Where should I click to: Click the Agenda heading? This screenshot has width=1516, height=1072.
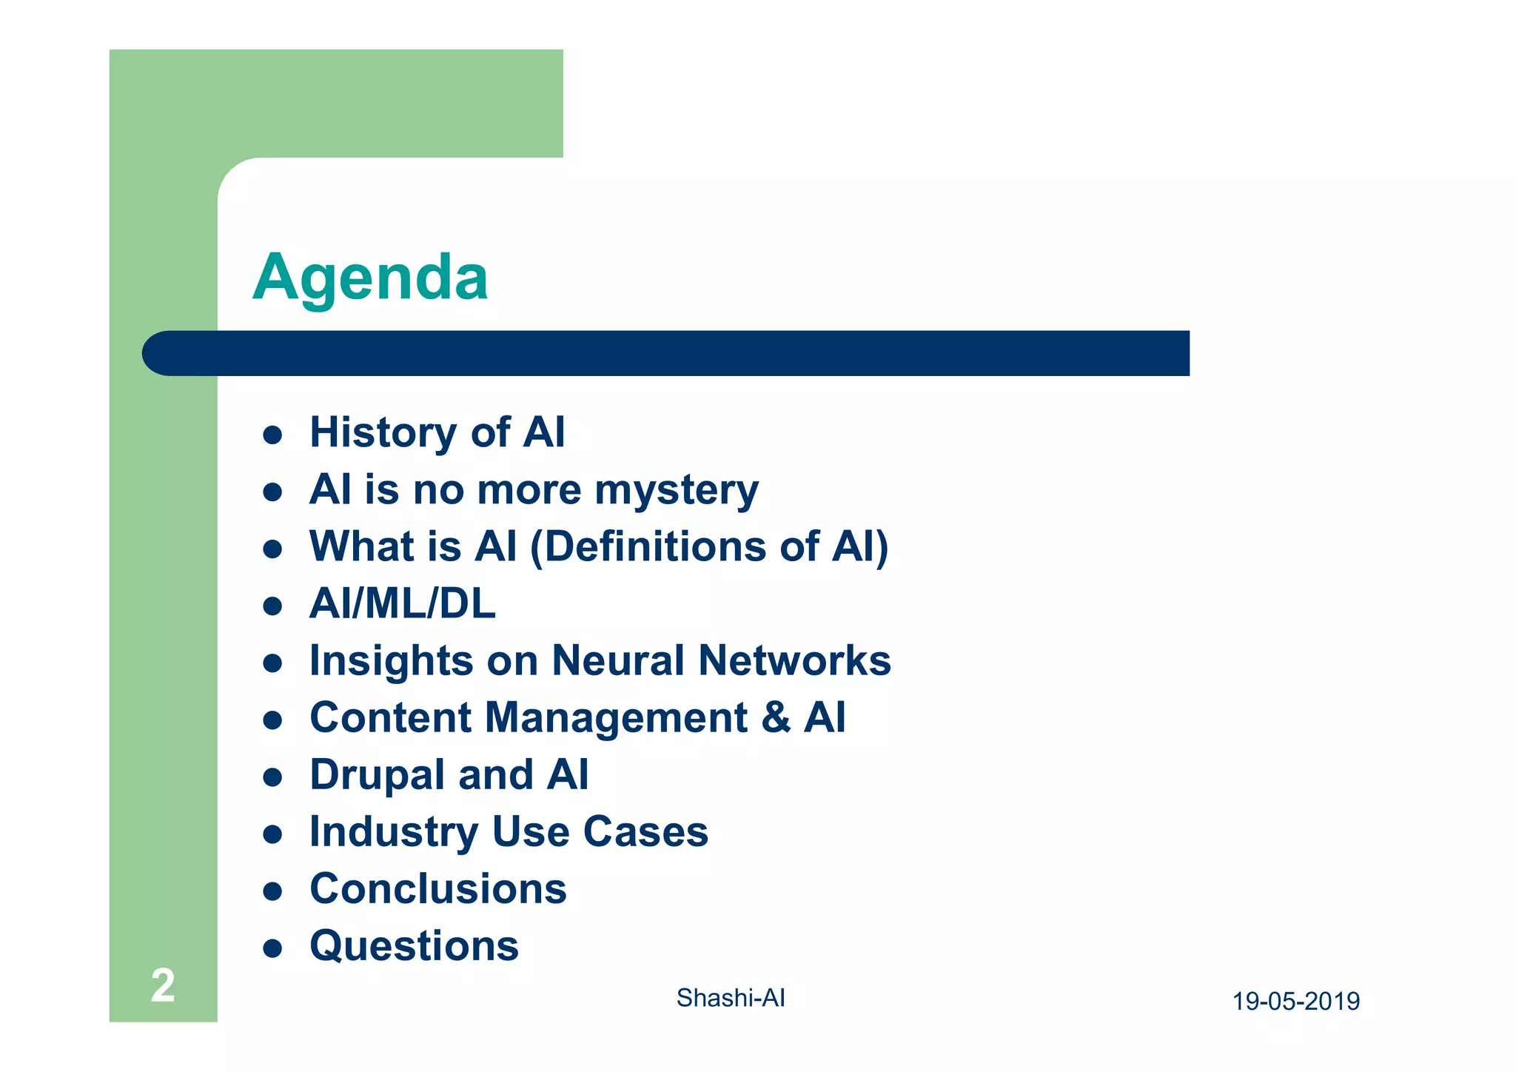[x=370, y=278]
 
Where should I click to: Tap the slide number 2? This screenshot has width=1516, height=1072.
[x=163, y=985]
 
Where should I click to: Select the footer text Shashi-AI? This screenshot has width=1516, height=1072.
[x=730, y=998]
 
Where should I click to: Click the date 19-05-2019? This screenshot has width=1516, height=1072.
[x=1295, y=1001]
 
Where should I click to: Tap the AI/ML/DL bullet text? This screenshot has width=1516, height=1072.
[x=402, y=603]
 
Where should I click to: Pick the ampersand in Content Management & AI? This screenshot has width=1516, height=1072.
[x=776, y=717]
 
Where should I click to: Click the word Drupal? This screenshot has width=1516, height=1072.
[x=377, y=775]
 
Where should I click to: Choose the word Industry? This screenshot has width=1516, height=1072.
[x=394, y=832]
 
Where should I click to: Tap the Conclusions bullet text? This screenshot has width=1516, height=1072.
[x=437, y=888]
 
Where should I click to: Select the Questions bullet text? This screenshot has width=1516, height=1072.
[x=414, y=945]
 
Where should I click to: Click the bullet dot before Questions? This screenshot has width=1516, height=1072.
[x=272, y=948]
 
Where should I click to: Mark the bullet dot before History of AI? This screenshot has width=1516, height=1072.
[x=272, y=435]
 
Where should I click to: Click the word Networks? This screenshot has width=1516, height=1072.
[x=795, y=660]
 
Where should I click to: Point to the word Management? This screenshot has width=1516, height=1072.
[x=616, y=717]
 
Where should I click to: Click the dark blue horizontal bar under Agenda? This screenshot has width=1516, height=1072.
[x=666, y=353]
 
